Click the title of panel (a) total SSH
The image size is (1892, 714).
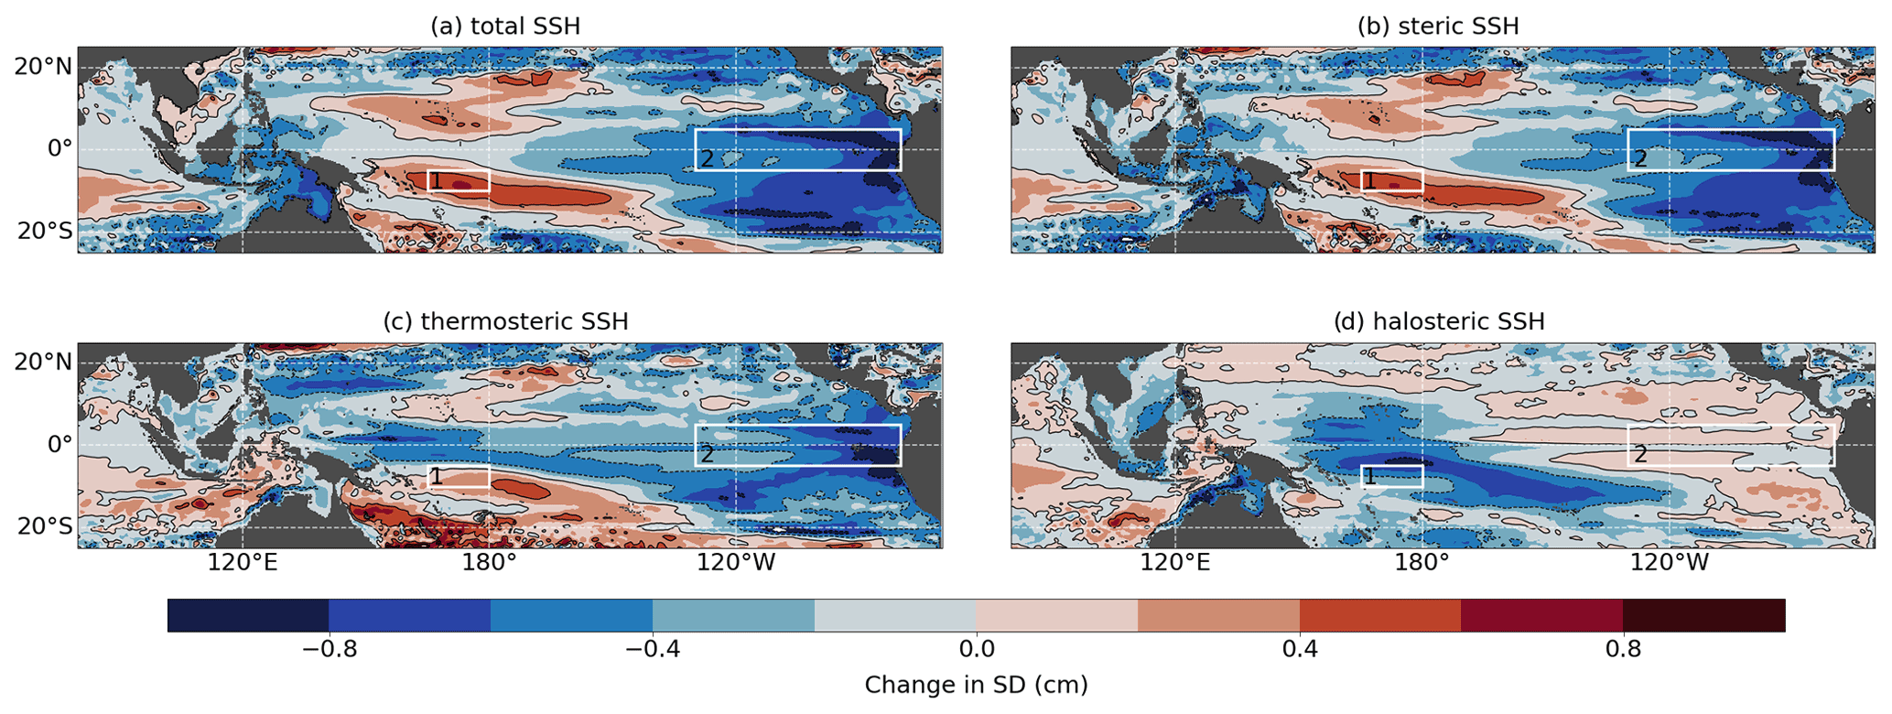(505, 27)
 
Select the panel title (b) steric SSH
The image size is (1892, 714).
(1438, 27)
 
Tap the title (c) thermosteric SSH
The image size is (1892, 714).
(505, 322)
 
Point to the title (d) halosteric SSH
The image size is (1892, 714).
(1438, 322)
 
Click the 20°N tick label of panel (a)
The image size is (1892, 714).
(42, 66)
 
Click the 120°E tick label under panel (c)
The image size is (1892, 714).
(242, 563)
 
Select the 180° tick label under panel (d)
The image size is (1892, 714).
(1422, 563)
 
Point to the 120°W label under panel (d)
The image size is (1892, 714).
(1670, 563)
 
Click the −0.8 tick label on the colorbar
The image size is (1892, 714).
(329, 650)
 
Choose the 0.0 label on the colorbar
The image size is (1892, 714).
(976, 650)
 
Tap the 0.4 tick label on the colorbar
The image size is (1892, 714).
(1300, 650)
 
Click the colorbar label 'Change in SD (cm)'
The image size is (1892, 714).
(976, 685)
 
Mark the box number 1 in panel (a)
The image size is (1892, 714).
(437, 181)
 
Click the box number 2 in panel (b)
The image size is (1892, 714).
(1640, 159)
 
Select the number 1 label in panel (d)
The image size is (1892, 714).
(1369, 477)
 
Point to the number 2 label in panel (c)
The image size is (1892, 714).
(708, 454)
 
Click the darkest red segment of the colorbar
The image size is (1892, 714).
(1703, 615)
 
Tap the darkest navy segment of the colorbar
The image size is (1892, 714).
(248, 615)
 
